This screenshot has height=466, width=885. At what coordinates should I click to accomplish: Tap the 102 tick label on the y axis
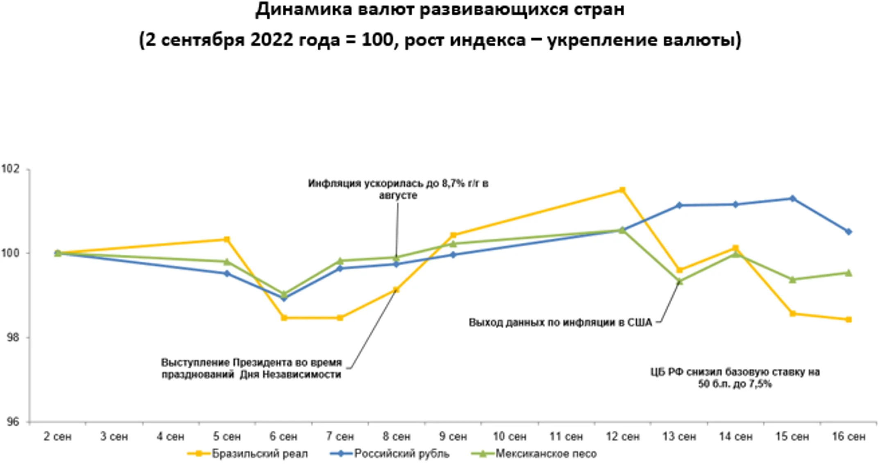[11, 169]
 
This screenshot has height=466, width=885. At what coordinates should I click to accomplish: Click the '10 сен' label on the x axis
[509, 436]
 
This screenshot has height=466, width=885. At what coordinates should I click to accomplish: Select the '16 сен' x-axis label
[849, 436]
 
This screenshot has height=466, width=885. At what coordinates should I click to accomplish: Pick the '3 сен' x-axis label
[114, 436]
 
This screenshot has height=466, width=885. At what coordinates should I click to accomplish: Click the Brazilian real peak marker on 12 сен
[622, 190]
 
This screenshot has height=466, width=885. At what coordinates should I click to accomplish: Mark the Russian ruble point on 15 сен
[792, 199]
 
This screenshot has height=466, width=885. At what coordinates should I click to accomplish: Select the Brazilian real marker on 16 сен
[849, 320]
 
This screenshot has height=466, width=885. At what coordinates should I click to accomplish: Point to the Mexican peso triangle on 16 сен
[849, 273]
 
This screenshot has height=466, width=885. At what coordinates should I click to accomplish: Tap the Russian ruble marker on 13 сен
[679, 205]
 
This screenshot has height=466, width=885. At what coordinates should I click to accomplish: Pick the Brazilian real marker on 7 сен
[340, 318]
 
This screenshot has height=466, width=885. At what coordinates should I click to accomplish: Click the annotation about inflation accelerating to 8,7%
[398, 189]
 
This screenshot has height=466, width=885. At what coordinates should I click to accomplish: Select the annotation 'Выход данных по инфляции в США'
[560, 323]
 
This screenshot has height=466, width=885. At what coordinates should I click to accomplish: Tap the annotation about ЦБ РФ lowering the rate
[735, 378]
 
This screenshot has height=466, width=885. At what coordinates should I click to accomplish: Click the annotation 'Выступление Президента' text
[251, 368]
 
